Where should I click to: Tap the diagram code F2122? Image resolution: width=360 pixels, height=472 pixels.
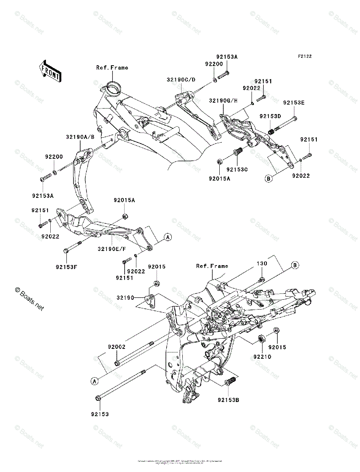[x=304, y=56]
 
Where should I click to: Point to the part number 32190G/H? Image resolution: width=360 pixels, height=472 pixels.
[x=223, y=100]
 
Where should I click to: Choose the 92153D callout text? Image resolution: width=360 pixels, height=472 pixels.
[x=270, y=116]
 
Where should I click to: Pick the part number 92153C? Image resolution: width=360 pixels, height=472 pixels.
[x=237, y=170]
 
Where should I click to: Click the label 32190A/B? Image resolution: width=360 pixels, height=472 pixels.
[x=80, y=137]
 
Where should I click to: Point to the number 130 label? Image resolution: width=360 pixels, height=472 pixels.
[x=262, y=263]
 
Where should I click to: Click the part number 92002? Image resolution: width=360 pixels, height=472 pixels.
[x=117, y=347]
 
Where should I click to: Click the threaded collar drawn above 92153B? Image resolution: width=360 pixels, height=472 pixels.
[x=231, y=382]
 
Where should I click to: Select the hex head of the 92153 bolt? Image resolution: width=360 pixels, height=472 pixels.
[x=98, y=399]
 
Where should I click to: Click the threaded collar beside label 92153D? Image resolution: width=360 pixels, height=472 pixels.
[x=271, y=132]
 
